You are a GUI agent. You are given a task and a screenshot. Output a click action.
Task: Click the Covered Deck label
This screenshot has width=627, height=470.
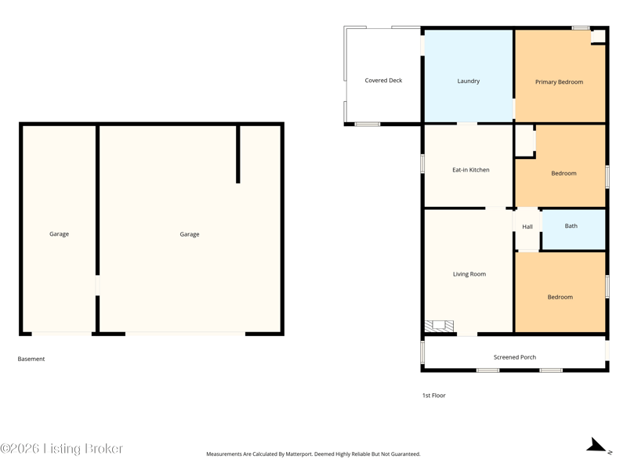click(383, 81)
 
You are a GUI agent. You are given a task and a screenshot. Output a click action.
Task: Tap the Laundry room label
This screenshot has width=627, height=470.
click(468, 81)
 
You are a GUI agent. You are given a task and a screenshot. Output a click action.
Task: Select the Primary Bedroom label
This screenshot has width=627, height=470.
click(559, 82)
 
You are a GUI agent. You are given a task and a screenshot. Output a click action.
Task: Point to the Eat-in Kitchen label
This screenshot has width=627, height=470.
click(471, 170)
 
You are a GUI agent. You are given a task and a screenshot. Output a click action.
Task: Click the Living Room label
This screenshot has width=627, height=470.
click(469, 274)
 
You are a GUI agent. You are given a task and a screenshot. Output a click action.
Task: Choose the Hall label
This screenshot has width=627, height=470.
click(527, 226)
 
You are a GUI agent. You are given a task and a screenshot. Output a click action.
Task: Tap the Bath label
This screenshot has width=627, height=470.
click(571, 226)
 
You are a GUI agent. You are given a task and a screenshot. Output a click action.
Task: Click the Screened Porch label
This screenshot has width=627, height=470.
click(515, 357)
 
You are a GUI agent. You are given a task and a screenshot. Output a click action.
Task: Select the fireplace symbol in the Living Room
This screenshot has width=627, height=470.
click(439, 326)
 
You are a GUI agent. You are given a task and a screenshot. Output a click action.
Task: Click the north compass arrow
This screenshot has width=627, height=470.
click(596, 445)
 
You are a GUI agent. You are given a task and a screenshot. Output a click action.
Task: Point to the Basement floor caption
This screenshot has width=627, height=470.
click(31, 359)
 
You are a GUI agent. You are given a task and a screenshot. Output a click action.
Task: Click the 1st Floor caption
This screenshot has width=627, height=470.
click(434, 396)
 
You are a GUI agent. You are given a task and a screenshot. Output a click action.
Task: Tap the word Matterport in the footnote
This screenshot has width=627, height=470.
click(299, 454)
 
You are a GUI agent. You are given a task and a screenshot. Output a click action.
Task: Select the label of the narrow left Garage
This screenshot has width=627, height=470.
click(60, 234)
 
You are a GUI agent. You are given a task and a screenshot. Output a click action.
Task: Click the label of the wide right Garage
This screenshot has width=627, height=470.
click(190, 234)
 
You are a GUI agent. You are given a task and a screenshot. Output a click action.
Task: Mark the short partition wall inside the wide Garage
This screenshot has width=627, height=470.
click(238, 154)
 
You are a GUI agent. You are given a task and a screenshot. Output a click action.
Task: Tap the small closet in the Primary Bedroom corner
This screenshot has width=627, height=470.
click(598, 37)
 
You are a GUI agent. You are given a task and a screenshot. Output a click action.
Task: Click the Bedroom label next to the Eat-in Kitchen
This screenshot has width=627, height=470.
click(564, 173)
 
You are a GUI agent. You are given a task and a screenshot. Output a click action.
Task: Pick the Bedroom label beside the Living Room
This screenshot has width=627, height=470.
click(560, 298)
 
